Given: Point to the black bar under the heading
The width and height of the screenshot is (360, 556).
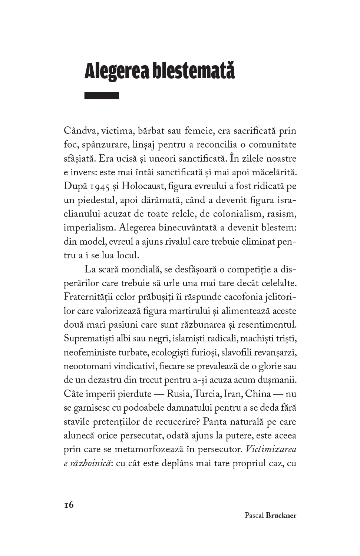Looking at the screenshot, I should [102, 96].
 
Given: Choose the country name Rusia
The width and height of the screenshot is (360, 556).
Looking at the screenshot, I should [178, 394].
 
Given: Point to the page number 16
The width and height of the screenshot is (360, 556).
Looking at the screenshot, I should [69, 505].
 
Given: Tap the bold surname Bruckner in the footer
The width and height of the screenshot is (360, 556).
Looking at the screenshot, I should [281, 516].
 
